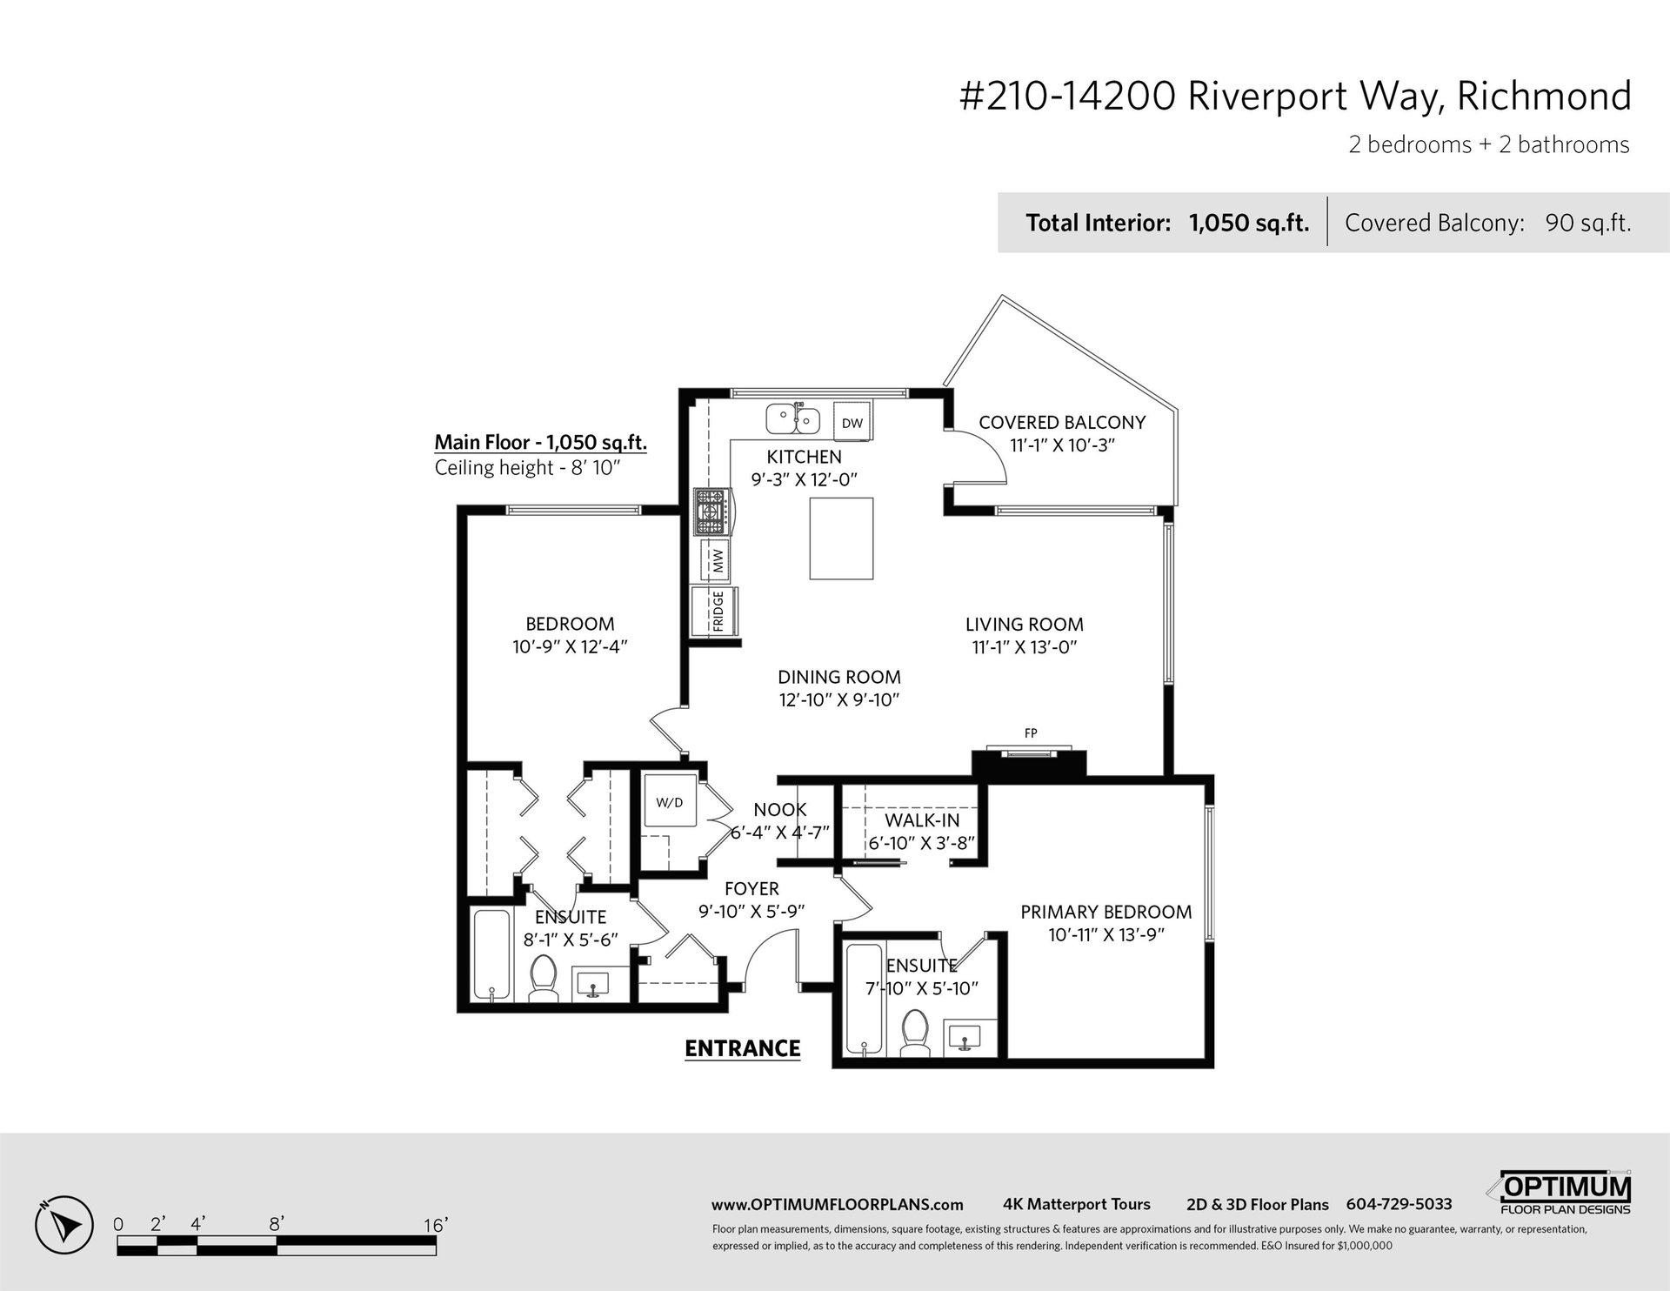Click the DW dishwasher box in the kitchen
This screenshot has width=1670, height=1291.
point(852,423)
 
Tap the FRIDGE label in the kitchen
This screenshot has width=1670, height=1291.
point(718,611)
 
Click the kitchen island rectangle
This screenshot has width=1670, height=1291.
point(841,538)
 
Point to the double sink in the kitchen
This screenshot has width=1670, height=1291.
point(792,420)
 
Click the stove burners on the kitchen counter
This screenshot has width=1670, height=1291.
point(710,512)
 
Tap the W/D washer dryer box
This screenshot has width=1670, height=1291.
point(670,800)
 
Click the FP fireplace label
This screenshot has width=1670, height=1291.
point(1031,733)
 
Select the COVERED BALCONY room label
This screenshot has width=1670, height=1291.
point(1062,423)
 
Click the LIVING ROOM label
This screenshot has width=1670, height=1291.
point(1025,625)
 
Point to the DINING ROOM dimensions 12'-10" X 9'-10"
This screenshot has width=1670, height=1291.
point(839,700)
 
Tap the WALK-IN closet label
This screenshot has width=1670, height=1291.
point(923,820)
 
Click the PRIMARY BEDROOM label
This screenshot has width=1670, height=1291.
point(1106,912)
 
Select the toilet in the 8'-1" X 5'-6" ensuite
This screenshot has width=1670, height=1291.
point(544,979)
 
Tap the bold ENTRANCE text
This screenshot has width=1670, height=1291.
point(743,1048)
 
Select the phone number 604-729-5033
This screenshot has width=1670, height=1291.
point(1399,1204)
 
